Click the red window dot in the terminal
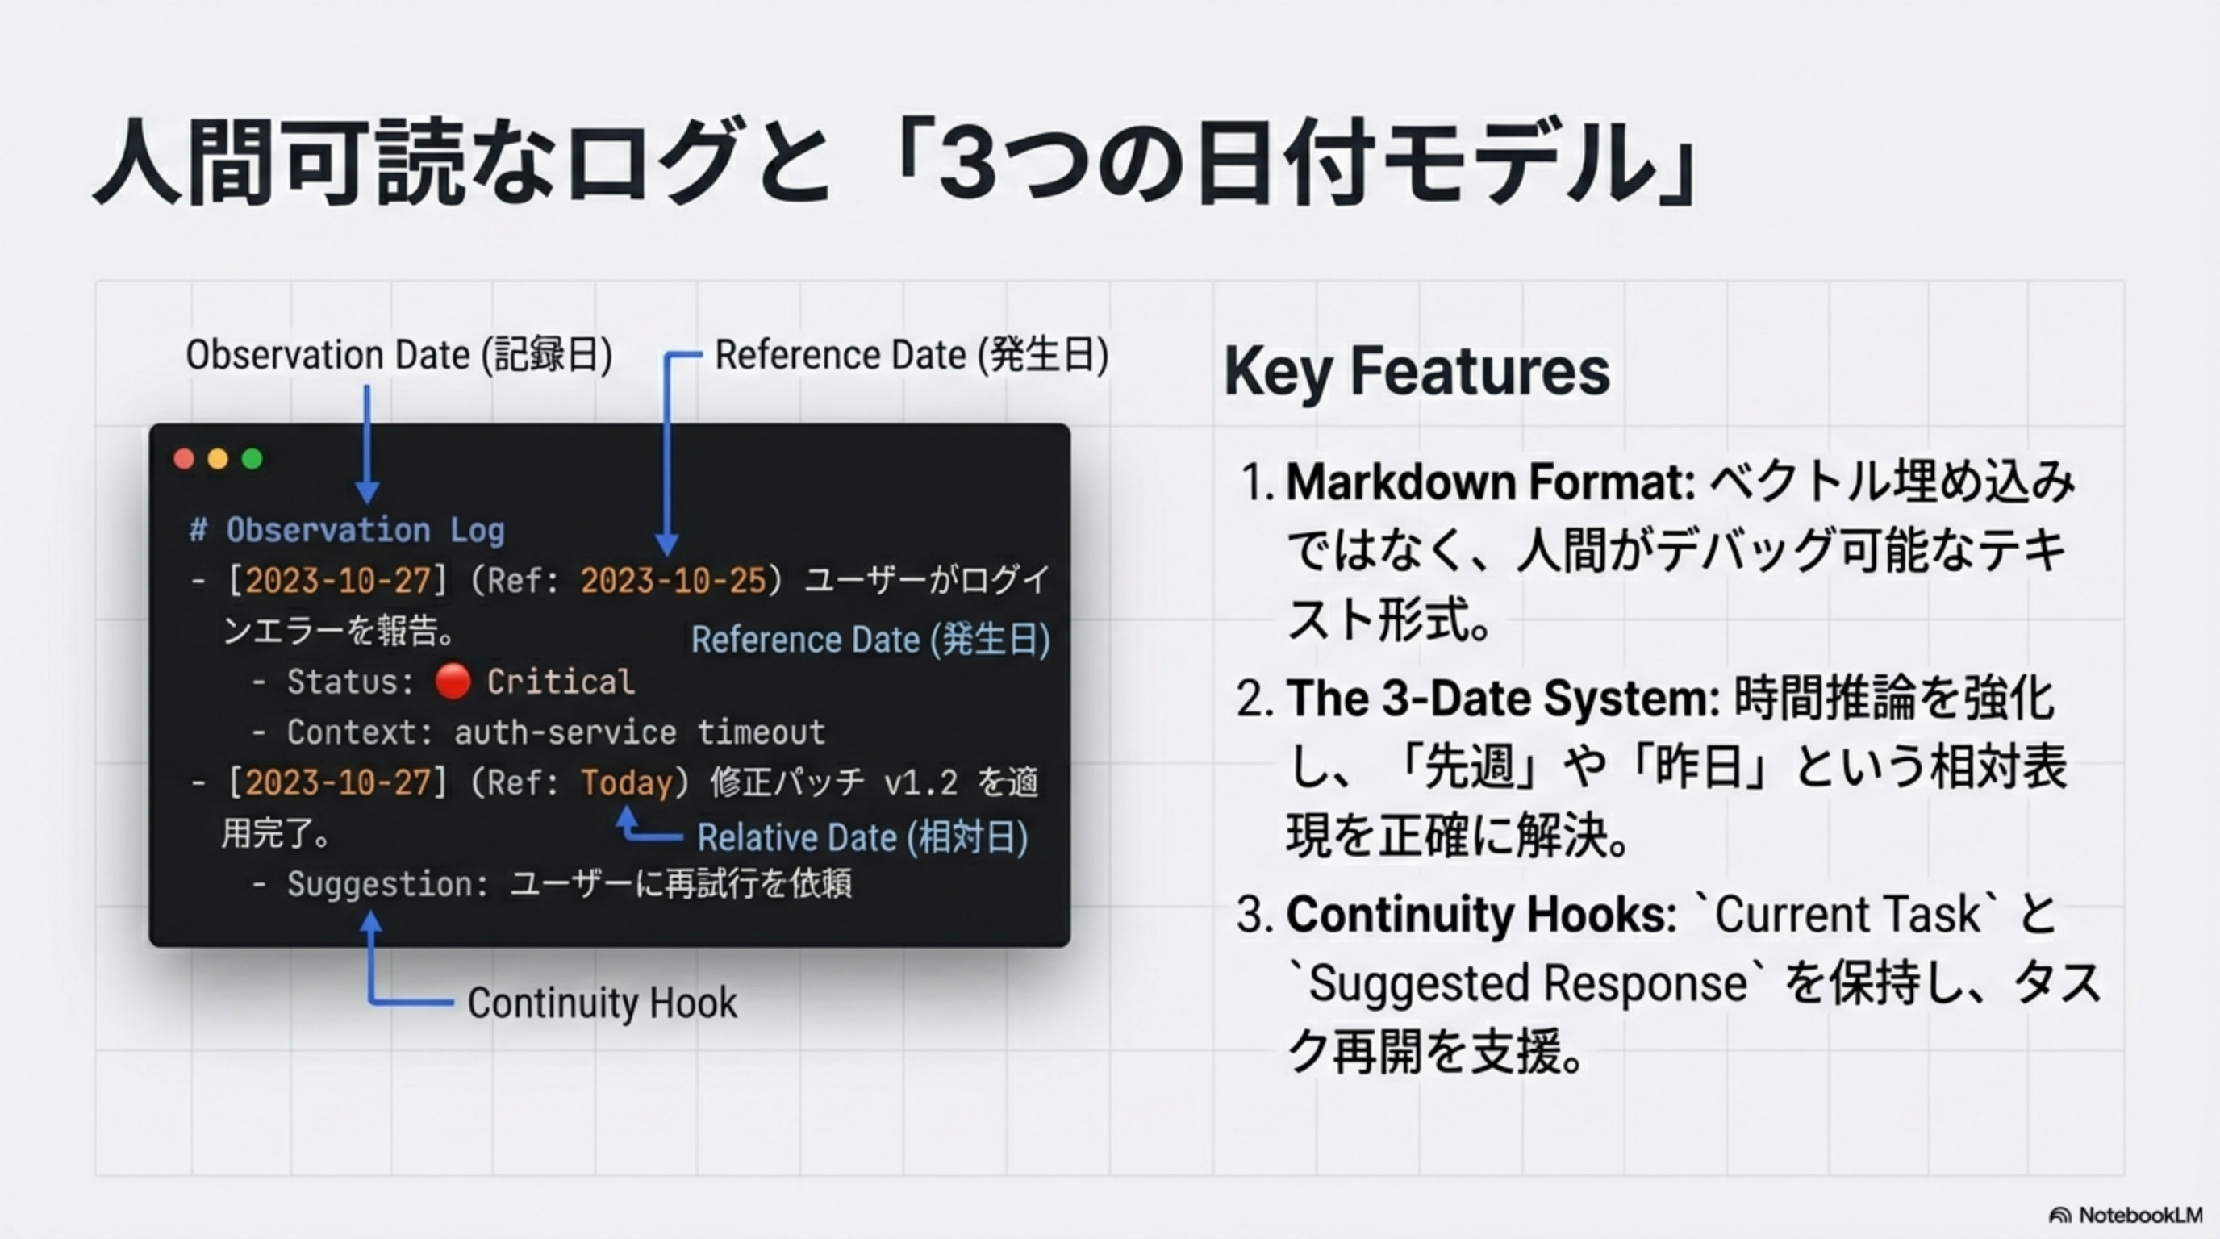click(x=184, y=458)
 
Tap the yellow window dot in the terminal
click(x=218, y=458)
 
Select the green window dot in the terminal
click(x=252, y=458)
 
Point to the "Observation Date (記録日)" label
click(x=399, y=355)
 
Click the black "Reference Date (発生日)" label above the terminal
click(x=912, y=355)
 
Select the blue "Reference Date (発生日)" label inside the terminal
click(x=870, y=640)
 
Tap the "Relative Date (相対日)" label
click(x=862, y=837)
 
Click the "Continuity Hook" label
click(x=603, y=1003)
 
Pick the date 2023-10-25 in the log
click(x=673, y=581)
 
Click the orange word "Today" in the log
click(x=627, y=782)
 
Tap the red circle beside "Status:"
click(x=453, y=682)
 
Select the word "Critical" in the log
click(x=561, y=682)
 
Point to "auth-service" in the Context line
click(x=565, y=732)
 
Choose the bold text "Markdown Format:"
click(x=1491, y=482)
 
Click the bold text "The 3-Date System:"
click(x=1503, y=698)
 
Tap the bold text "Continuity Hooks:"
click(x=1481, y=914)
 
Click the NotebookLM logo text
click(x=2141, y=1215)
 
